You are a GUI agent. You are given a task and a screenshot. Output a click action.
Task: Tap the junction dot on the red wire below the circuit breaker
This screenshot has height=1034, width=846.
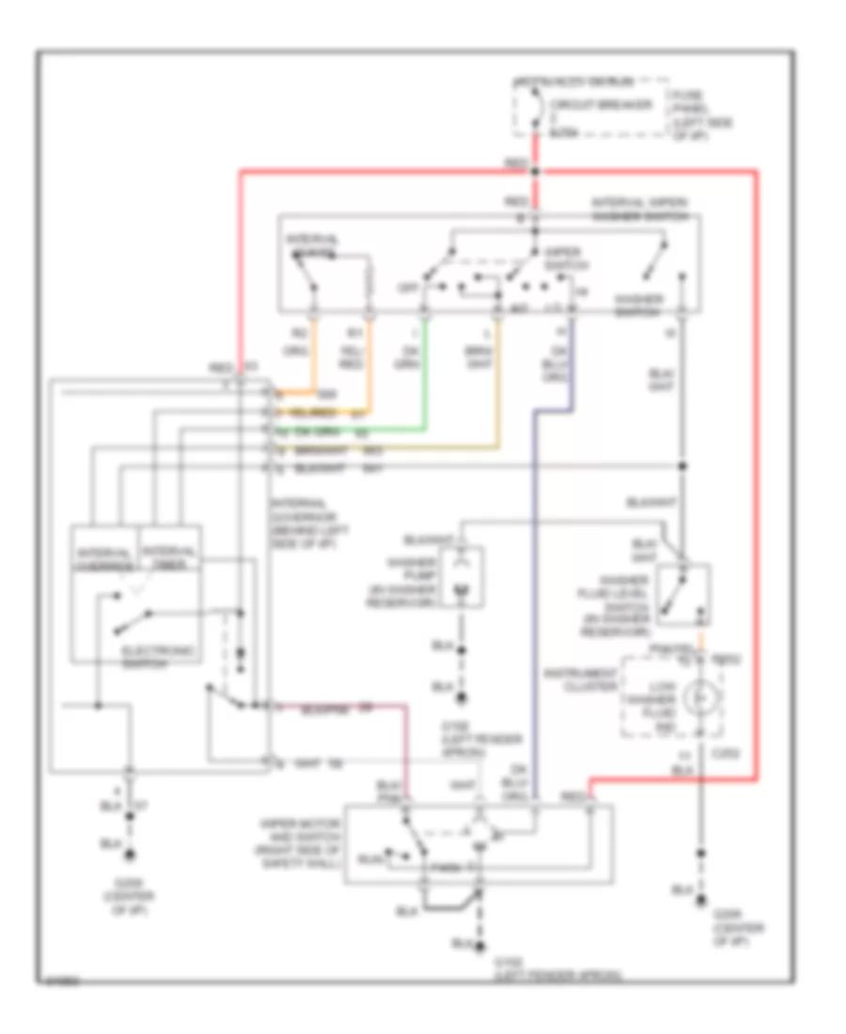(536, 171)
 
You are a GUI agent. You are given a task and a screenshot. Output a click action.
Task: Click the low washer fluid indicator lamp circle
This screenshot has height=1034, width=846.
(697, 700)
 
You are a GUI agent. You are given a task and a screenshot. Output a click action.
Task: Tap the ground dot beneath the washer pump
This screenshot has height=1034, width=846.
(462, 698)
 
